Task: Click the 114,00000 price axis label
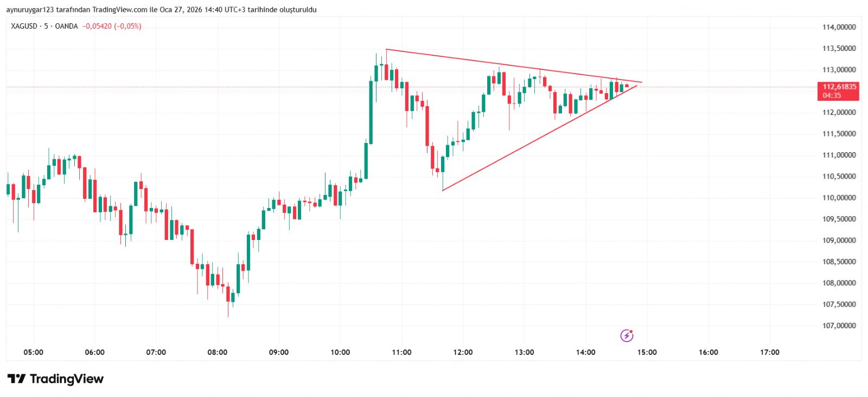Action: (839, 27)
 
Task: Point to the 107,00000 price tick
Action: (839, 326)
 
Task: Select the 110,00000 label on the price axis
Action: (839, 198)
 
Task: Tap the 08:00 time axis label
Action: (218, 352)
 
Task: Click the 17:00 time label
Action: (769, 352)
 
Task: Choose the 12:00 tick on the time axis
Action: (463, 352)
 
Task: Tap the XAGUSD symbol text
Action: (24, 26)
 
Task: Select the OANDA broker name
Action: (66, 26)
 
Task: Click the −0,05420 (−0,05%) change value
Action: (112, 26)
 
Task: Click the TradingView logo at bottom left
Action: (55, 379)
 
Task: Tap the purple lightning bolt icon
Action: (627, 336)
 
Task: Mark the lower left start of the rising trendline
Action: (443, 191)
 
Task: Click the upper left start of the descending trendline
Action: (386, 49)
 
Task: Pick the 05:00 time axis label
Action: (33, 352)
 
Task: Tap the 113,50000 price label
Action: (839, 48)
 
